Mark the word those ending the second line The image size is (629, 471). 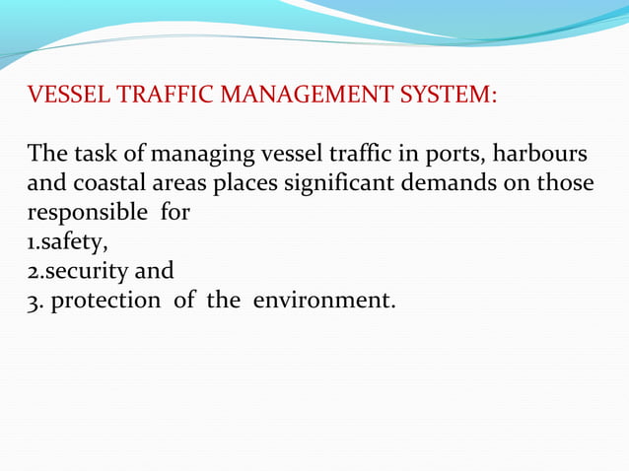[x=566, y=183]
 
